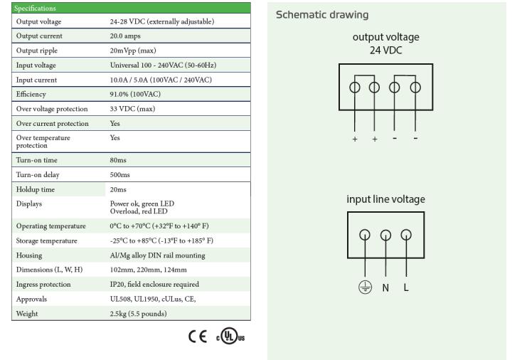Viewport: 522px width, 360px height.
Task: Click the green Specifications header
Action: click(131, 8)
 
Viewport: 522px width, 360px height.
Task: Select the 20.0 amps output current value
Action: click(125, 36)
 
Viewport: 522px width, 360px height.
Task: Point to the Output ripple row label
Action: click(36, 51)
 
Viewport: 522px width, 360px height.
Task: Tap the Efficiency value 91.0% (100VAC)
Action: click(135, 94)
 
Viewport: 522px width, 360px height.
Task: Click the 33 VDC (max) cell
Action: click(132, 109)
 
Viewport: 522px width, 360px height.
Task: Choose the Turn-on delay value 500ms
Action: click(120, 175)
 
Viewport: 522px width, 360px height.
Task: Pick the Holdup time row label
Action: click(36, 189)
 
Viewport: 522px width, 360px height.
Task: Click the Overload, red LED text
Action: click(139, 211)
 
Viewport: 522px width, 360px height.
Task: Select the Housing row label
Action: click(29, 255)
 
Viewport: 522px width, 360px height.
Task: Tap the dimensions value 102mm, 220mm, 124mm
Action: click(148, 270)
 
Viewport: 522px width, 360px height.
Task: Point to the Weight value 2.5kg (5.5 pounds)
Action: click(138, 314)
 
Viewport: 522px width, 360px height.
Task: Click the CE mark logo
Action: click(198, 337)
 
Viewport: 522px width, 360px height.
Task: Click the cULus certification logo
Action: click(230, 336)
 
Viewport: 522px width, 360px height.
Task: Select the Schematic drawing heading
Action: click(322, 15)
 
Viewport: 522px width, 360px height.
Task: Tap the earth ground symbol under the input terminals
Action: click(366, 287)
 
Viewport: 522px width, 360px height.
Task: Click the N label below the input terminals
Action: click(385, 287)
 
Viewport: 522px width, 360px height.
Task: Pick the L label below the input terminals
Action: click(406, 287)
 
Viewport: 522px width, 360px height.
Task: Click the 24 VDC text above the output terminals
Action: click(386, 51)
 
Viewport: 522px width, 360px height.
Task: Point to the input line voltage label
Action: click(386, 199)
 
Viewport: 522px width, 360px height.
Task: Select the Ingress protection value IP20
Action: click(117, 285)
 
